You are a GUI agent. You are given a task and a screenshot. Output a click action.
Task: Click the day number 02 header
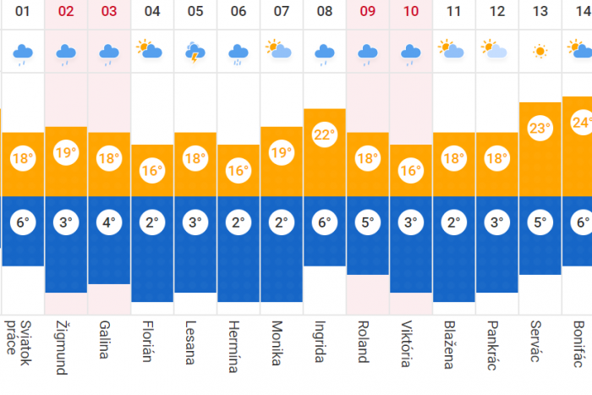pos(66,12)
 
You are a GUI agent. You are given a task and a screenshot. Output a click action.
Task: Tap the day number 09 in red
pos(368,12)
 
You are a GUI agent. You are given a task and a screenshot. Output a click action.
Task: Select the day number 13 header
pos(540,12)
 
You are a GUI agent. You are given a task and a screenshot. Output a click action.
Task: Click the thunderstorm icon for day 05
pos(195,52)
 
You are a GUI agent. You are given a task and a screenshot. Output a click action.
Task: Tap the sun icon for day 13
pos(540,52)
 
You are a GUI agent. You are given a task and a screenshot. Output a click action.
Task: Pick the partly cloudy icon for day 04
pos(151,51)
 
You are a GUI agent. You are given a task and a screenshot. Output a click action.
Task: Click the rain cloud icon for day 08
pos(325,53)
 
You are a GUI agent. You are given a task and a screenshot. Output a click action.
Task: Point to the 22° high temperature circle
pos(325,134)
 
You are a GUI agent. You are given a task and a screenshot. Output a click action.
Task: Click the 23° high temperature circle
pos(540,129)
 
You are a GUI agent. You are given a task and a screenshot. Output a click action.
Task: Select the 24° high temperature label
pos(581,123)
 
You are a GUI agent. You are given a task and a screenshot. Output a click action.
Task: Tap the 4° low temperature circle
pos(109,224)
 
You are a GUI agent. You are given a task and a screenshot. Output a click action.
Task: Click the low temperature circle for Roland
pos(368,224)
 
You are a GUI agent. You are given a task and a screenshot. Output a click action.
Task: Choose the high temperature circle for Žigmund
pos(66,153)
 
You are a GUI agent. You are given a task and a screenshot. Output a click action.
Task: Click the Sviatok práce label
pos(18,343)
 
